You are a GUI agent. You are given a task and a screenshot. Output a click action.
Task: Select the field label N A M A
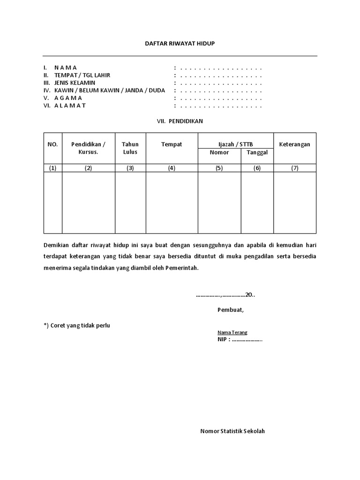(66, 67)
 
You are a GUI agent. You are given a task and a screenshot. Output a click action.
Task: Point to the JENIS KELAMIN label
(75, 82)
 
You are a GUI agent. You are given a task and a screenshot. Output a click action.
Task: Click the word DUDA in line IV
(156, 90)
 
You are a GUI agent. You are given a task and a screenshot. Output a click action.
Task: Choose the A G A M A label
(68, 98)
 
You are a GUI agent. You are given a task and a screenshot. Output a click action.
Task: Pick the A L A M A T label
(70, 105)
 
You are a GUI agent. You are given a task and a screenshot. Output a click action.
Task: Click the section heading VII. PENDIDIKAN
(180, 120)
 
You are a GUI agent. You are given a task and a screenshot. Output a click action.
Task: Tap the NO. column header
(52, 144)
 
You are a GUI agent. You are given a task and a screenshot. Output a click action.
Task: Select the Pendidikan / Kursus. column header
(88, 148)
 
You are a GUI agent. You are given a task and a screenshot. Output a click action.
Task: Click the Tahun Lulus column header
(130, 148)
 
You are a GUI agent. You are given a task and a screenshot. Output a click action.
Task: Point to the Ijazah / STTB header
(235, 144)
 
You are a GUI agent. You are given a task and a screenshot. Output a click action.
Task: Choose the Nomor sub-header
(219, 153)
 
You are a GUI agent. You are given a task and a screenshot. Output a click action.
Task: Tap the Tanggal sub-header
(257, 153)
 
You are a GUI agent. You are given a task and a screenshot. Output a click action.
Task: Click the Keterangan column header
(294, 144)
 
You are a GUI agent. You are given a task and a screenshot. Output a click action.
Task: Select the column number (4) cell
(172, 169)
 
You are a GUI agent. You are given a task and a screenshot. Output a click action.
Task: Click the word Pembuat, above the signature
(231, 309)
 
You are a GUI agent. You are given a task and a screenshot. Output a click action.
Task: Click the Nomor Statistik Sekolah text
(232, 431)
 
